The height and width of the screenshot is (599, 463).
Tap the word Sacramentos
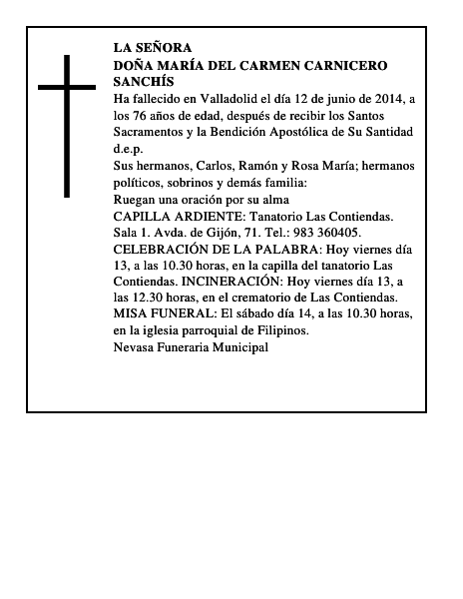pos(151,132)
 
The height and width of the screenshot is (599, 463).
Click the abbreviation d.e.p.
pos(129,149)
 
